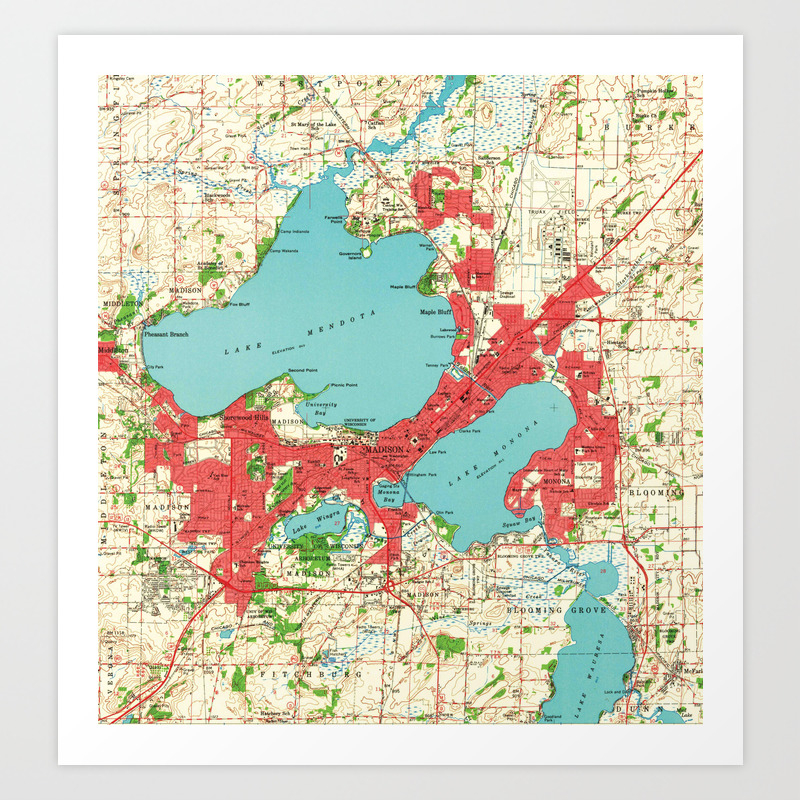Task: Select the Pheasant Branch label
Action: click(166, 334)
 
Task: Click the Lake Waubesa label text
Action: click(588, 660)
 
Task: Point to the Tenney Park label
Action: click(459, 367)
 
